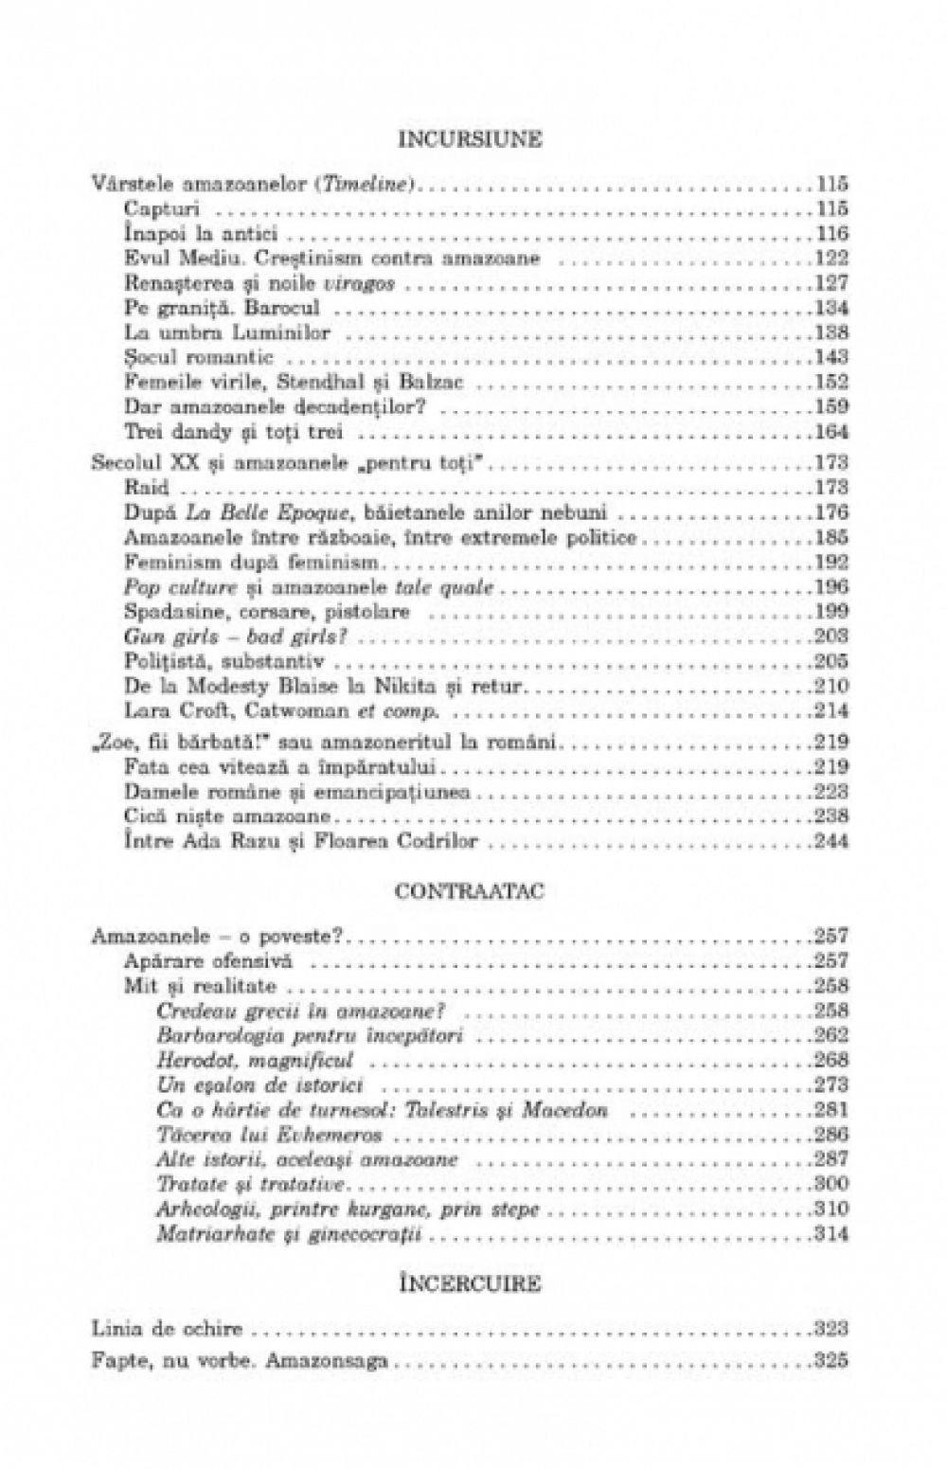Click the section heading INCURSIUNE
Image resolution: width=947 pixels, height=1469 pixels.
(471, 140)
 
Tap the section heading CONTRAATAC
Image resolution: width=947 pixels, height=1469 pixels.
(471, 891)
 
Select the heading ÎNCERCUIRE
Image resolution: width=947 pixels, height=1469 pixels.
(471, 1285)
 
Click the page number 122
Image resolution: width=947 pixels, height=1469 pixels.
(831, 258)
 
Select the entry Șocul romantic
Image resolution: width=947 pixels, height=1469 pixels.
(199, 357)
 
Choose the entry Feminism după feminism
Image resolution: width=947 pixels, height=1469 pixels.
(224, 562)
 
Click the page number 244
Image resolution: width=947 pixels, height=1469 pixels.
(831, 841)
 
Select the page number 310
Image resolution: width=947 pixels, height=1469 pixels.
(831, 1209)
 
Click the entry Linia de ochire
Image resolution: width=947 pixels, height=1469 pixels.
(167, 1329)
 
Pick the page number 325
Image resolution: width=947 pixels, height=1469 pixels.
(831, 1362)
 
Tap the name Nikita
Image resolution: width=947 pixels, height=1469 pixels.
(405, 686)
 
